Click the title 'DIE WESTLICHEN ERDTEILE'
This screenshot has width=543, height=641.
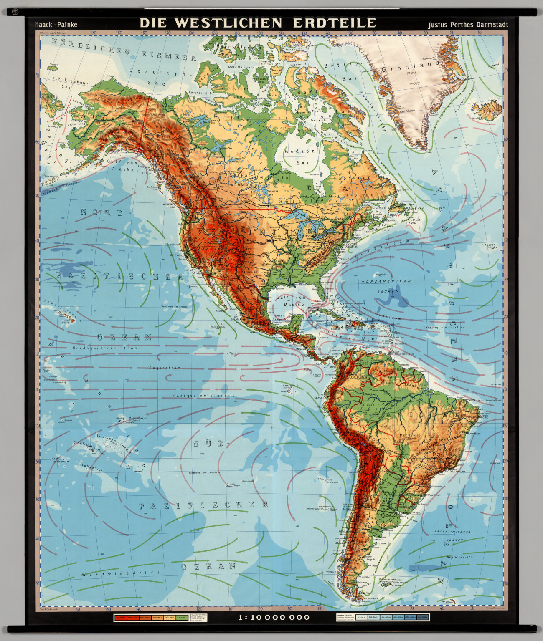(x=258, y=23)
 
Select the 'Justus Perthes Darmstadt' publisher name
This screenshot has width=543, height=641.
(x=467, y=25)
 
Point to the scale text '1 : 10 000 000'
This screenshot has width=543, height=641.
(x=274, y=617)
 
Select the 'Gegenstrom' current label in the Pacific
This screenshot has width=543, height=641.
(x=165, y=368)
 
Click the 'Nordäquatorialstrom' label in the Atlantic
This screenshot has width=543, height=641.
(x=451, y=328)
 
